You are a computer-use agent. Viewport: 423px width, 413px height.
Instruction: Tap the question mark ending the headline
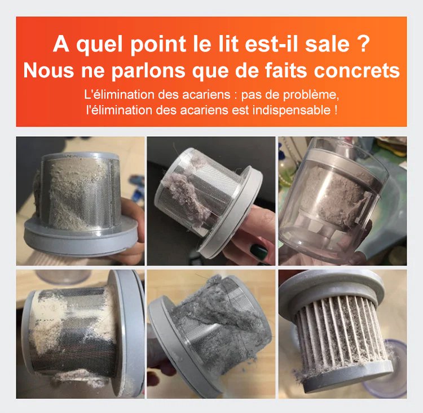click(362, 44)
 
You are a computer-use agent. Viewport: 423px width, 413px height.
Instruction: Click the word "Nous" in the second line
click(49, 70)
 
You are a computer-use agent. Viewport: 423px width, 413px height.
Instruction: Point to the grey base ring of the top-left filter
click(81, 237)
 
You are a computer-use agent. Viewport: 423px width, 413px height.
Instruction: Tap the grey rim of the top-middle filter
click(235, 211)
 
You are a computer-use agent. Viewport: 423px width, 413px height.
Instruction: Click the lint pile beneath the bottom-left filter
click(89, 379)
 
